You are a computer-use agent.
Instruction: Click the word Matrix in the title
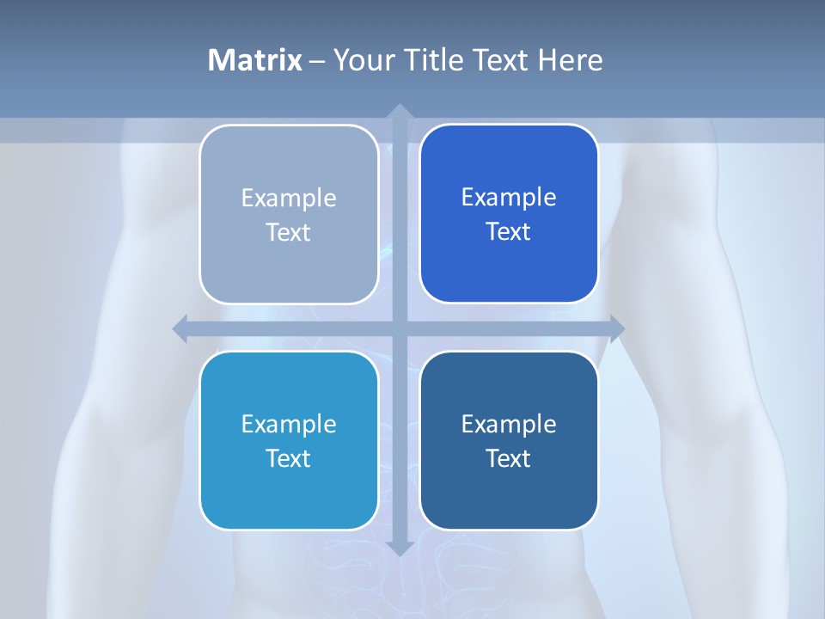point(255,60)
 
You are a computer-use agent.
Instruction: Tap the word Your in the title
point(361,60)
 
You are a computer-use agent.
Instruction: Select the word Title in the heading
point(435,60)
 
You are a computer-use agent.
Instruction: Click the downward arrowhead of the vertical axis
point(399,548)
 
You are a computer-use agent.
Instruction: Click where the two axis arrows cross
point(399,328)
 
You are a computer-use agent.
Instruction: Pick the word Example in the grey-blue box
point(289,199)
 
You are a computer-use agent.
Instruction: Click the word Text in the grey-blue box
point(289,233)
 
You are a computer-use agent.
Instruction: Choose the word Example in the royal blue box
point(509,198)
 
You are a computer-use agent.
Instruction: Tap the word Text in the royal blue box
point(509,232)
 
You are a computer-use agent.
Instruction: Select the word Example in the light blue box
point(289,425)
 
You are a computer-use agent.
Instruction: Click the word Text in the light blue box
point(289,459)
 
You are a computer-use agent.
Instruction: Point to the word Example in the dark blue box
point(509,425)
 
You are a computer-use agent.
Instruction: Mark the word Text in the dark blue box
point(509,459)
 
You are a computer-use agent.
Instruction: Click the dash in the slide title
point(317,61)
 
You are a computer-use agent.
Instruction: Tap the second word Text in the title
point(499,60)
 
